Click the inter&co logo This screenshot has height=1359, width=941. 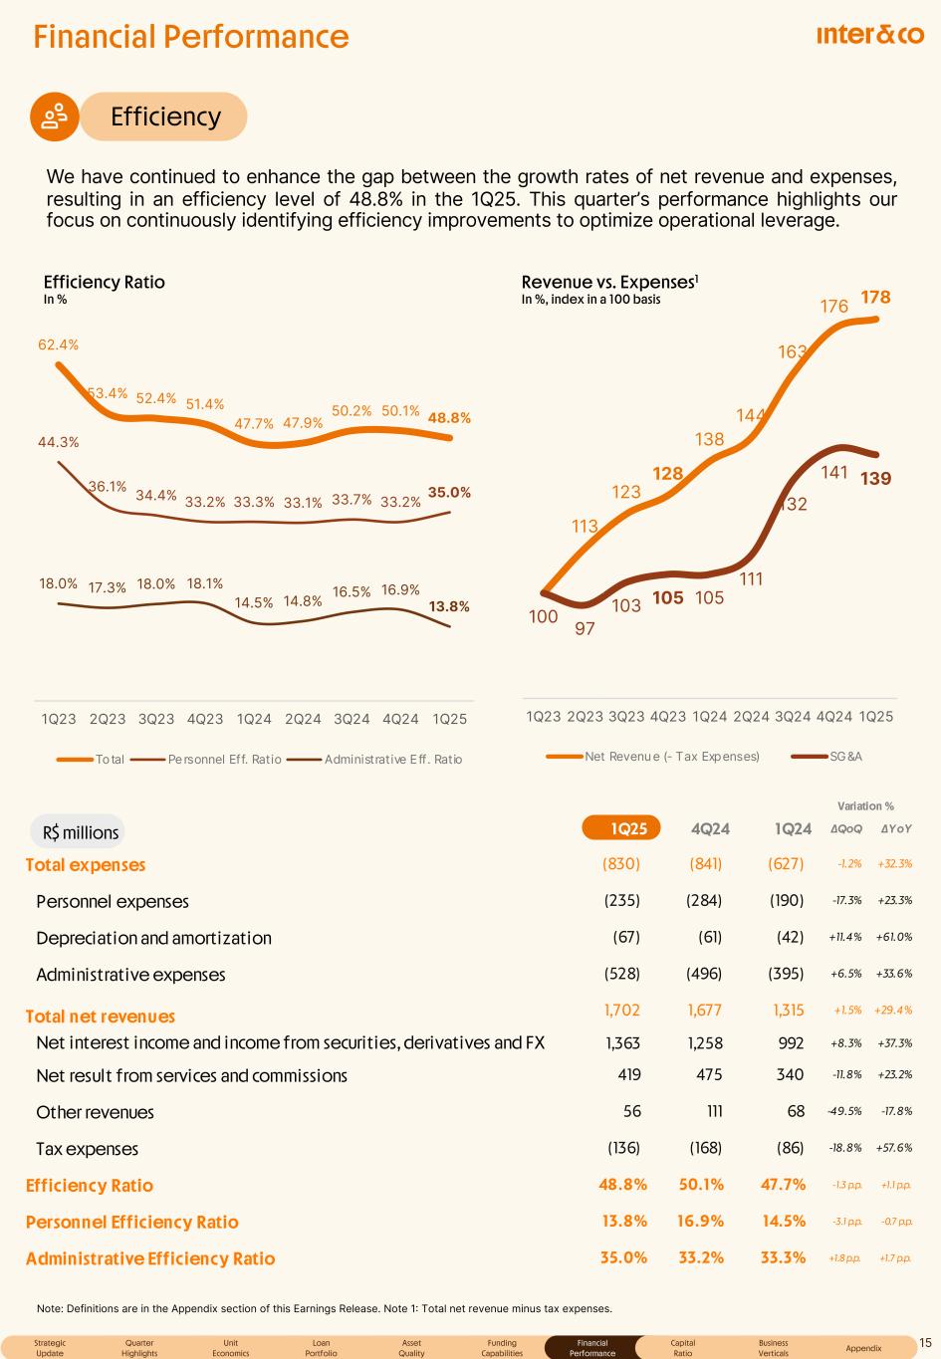(869, 36)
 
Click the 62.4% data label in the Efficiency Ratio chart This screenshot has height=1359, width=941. (58, 344)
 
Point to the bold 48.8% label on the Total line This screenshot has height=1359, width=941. (449, 418)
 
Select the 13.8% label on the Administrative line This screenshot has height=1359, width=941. (449, 605)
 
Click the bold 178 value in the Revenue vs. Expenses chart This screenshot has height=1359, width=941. (875, 297)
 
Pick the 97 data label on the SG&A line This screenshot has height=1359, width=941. (586, 628)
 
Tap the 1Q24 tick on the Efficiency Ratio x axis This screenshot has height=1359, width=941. (254, 719)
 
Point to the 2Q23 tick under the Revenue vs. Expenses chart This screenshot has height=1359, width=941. (585, 716)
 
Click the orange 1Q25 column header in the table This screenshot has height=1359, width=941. (615, 828)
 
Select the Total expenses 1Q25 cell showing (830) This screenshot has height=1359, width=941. (621, 864)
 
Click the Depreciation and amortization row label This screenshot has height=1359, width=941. (153, 938)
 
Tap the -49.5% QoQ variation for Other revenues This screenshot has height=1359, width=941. (846, 1112)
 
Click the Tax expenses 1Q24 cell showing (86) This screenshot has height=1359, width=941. (790, 1148)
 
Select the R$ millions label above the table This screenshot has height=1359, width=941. (81, 832)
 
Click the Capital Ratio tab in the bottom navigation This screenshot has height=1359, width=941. (683, 1348)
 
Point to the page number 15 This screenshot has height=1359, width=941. (925, 1343)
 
